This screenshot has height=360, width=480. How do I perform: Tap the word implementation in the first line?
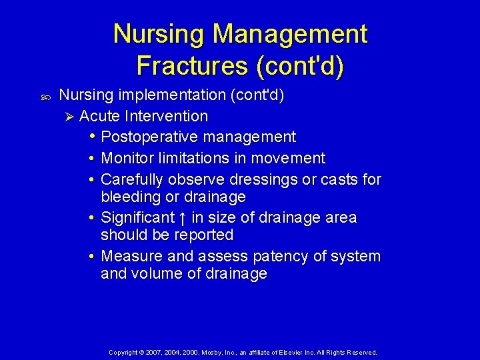pos(171,95)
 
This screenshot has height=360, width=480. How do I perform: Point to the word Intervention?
pos(167,116)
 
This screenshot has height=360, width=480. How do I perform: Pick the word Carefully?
pos(132,179)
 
